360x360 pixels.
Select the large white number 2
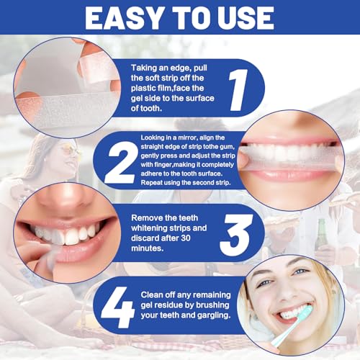(x=120, y=159)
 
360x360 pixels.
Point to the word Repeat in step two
(x=146, y=182)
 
